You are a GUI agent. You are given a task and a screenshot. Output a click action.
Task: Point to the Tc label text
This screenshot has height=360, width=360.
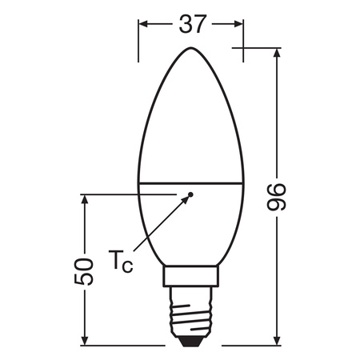tap(118, 261)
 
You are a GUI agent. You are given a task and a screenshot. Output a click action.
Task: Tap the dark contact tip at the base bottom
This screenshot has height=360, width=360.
tap(190, 342)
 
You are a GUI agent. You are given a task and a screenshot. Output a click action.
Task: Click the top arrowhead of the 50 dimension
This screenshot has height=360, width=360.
tap(83, 198)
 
